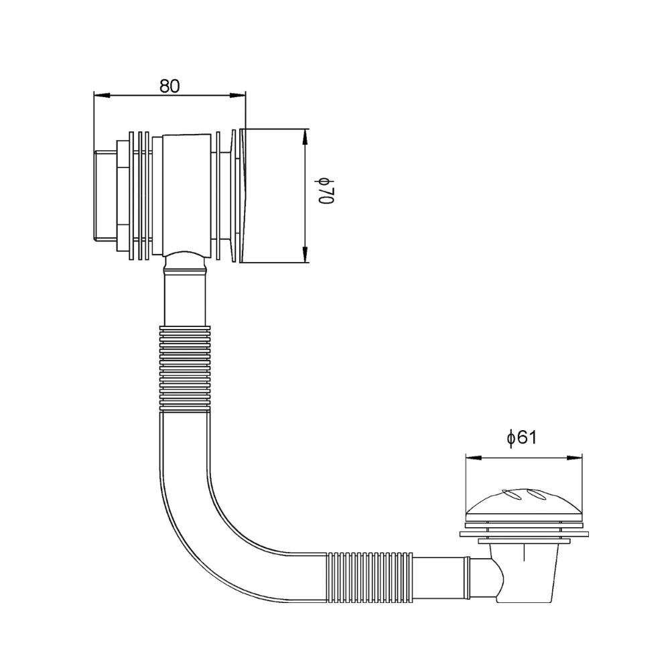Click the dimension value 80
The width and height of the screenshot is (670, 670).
click(170, 86)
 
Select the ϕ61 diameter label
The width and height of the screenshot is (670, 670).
click(521, 438)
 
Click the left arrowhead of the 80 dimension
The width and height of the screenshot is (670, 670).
click(102, 95)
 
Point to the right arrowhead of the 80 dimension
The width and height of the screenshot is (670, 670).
click(238, 95)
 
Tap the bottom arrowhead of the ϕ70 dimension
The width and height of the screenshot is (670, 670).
click(305, 254)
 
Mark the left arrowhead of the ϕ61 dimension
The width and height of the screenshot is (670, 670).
click(474, 458)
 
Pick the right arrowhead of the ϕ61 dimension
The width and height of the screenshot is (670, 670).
click(574, 458)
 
